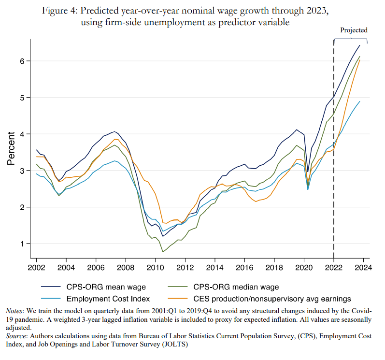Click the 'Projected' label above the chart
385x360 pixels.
click(x=354, y=30)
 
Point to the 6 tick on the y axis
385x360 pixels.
click(x=22, y=61)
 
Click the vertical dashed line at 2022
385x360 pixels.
click(x=334, y=145)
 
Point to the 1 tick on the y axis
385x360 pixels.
click(x=22, y=244)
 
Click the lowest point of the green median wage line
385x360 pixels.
click(x=163, y=252)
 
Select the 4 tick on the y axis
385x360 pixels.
click(x=22, y=134)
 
